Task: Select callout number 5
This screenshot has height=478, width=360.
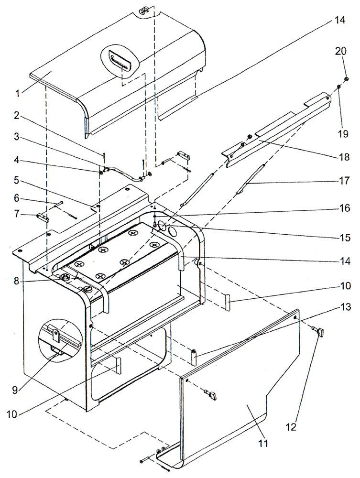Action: (17, 181)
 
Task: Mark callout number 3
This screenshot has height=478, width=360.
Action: (17, 136)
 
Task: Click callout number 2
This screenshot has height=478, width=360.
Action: (17, 115)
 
